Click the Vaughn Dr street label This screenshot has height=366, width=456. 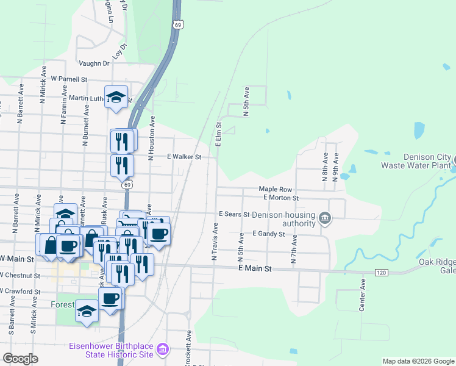pos(94,63)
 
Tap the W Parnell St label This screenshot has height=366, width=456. pos(69,79)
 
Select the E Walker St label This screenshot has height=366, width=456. pos(184,157)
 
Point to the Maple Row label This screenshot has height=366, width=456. pos(275,190)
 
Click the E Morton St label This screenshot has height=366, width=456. pos(280,198)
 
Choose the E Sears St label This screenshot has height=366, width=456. pos(235,215)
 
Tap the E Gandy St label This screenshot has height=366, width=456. pos(268,234)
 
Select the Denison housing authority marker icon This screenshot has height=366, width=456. pos(325,218)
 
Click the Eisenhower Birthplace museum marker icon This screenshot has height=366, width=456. pos(163,350)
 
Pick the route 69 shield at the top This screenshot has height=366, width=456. pos(177,24)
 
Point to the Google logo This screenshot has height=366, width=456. pos(20,359)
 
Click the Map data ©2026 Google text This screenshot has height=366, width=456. pos(418,361)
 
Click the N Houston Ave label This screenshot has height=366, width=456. pos(152,138)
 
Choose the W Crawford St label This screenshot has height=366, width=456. pos(20,292)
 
